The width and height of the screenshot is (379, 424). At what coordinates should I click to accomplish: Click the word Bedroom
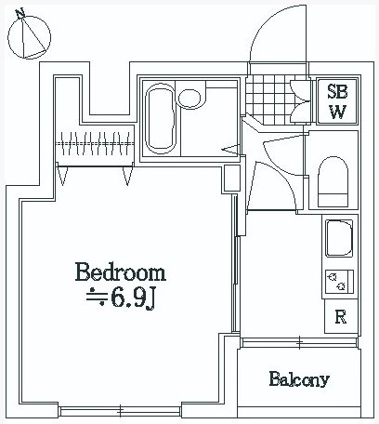pos(121,272)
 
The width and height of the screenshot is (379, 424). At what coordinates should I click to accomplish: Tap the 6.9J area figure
pos(132,298)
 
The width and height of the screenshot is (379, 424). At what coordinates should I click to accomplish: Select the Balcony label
pos(299,379)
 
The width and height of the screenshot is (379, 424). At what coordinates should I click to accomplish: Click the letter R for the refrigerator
pos(341,316)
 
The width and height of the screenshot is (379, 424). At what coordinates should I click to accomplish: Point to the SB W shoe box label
pos(337,101)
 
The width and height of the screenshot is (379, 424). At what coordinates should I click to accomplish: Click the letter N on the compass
pos(20,13)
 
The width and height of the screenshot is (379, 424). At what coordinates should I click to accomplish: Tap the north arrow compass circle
pos(29,37)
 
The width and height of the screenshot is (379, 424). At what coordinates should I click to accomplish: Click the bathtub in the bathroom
pos(160,119)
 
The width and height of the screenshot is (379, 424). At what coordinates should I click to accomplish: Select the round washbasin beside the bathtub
pos(189,99)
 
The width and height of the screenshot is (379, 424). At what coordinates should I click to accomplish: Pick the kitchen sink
pos(339,238)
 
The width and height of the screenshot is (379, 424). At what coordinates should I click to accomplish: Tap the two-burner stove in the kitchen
pos(339,282)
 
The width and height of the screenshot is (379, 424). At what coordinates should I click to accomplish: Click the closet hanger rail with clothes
pos(95,143)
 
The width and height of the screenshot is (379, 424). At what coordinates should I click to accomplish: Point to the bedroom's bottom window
pos(121,412)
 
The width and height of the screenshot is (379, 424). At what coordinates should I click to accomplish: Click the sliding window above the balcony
pos(299,342)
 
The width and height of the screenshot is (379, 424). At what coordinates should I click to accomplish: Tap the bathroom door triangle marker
pos(230,150)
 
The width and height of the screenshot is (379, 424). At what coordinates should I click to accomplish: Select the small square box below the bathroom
pos(232,179)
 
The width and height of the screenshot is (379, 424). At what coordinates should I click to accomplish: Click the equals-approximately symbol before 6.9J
pos(97,297)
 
